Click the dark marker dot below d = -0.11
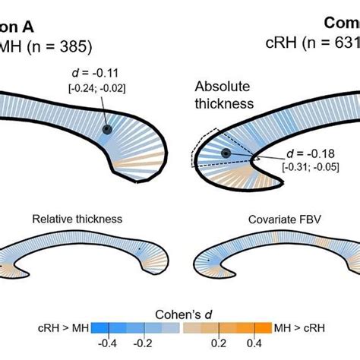107,131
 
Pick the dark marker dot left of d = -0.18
226,153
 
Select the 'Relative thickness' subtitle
77,219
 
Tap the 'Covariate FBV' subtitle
279,219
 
